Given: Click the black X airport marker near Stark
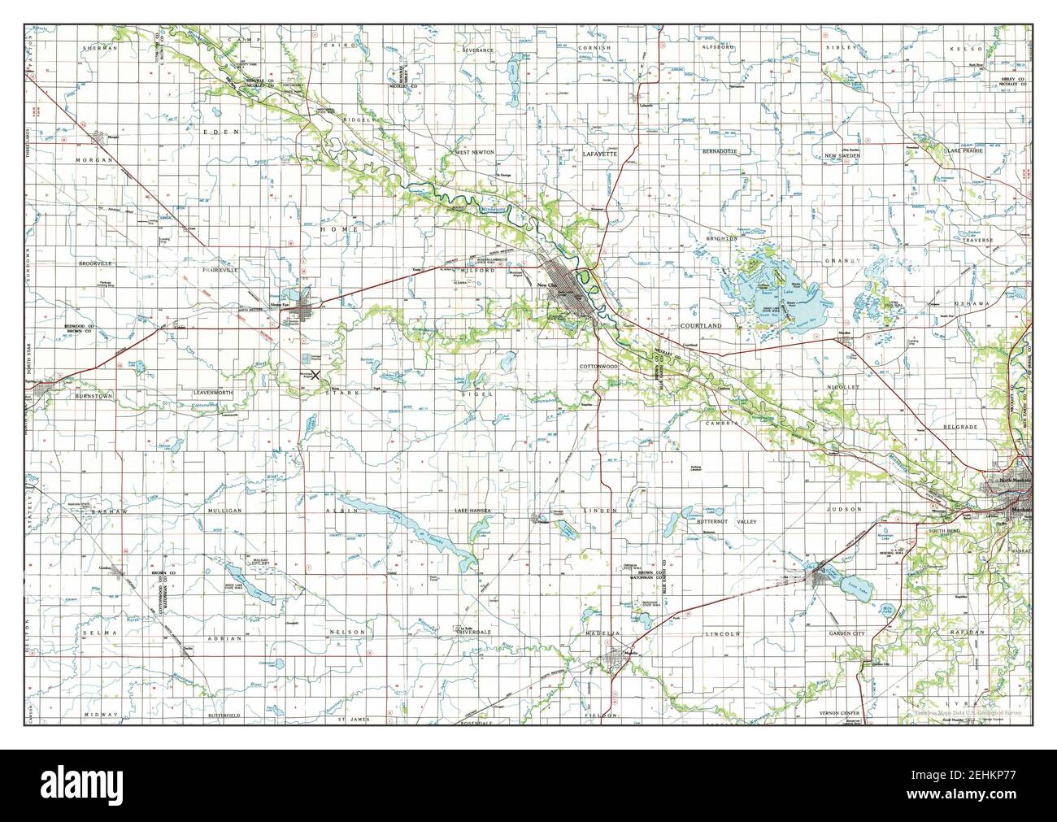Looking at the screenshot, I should point(316,375).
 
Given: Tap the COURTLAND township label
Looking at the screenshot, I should point(700,325).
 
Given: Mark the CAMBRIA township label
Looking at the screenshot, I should point(721,424).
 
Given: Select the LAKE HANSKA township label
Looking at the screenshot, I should point(473,510).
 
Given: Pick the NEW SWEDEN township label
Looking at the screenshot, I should point(847,155).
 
